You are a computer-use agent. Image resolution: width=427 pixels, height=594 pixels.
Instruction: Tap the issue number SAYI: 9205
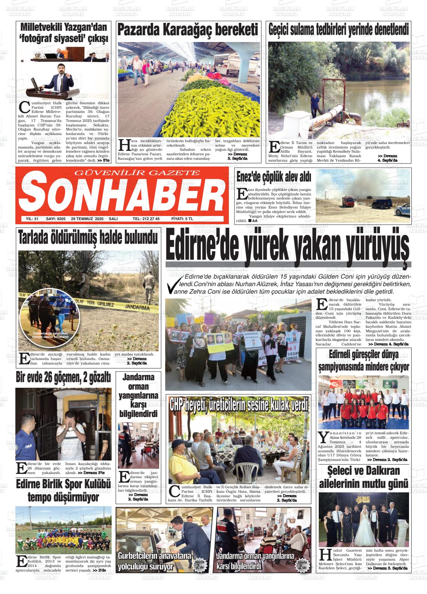point(55,219)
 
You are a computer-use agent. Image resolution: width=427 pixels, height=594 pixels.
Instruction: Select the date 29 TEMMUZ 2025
point(87,219)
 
